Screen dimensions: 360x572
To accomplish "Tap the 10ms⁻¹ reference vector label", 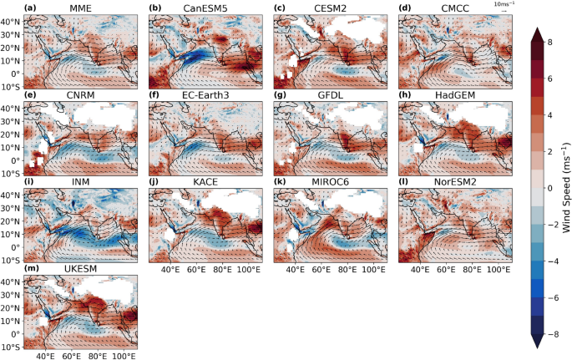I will pos(502,5).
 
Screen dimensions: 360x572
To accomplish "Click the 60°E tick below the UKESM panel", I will pos(71,357).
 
